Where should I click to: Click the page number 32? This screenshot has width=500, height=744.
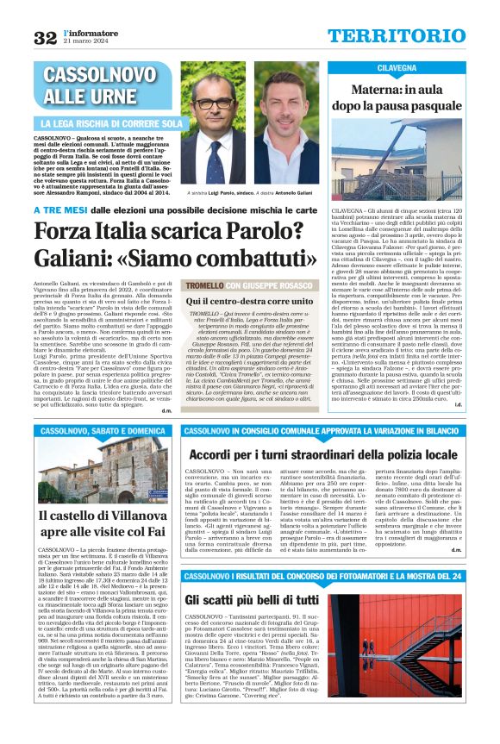click(45, 37)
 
